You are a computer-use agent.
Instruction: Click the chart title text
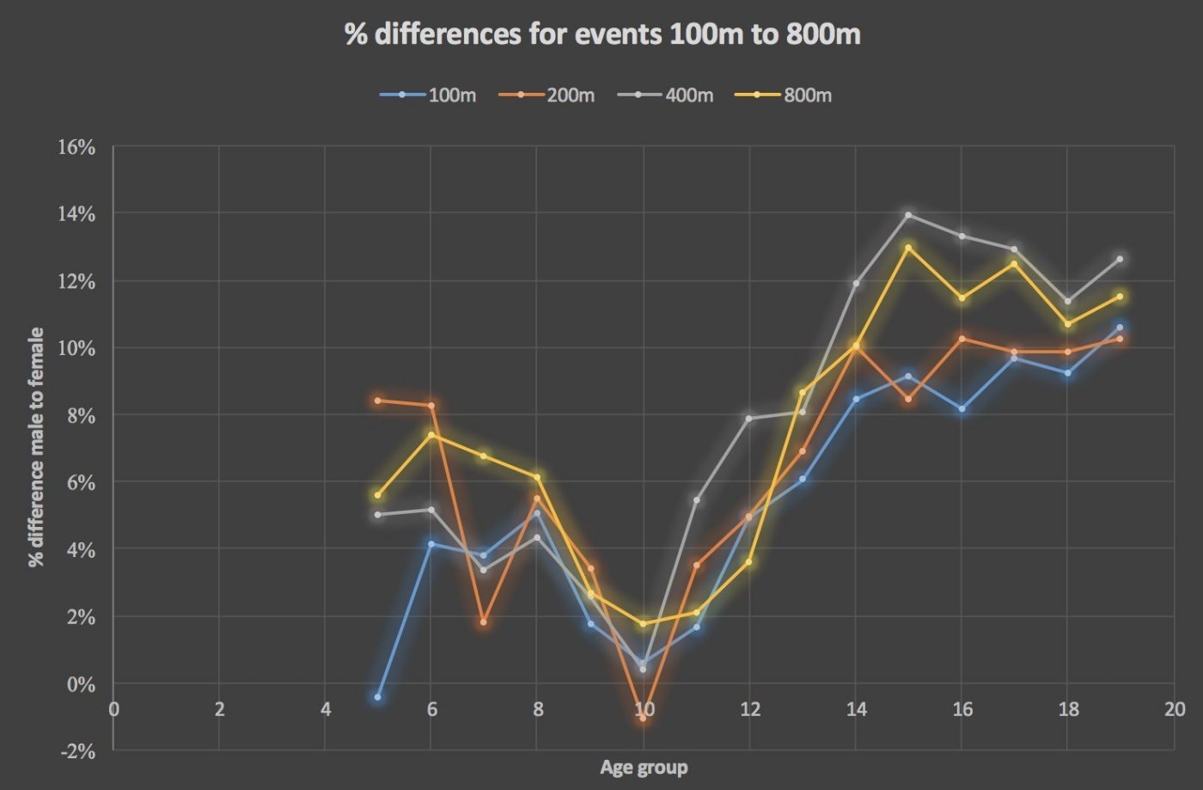602,34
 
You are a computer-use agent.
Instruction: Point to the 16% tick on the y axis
76,147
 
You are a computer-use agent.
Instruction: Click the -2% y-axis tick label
76,750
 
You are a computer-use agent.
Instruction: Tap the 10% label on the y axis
76,348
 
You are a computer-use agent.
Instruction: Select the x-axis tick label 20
1174,709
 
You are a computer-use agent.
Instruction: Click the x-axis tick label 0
113,709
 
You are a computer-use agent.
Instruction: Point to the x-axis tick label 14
856,709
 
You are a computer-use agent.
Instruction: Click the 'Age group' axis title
644,768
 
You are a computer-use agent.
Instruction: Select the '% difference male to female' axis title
36,447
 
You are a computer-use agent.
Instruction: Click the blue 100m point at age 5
378,697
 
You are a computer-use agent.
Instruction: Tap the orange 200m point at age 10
643,718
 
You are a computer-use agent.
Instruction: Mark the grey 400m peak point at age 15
908,215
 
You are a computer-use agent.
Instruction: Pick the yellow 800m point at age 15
908,248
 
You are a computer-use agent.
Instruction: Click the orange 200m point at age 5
378,401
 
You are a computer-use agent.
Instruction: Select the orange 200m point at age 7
484,622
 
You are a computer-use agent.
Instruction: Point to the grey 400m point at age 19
1120,259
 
